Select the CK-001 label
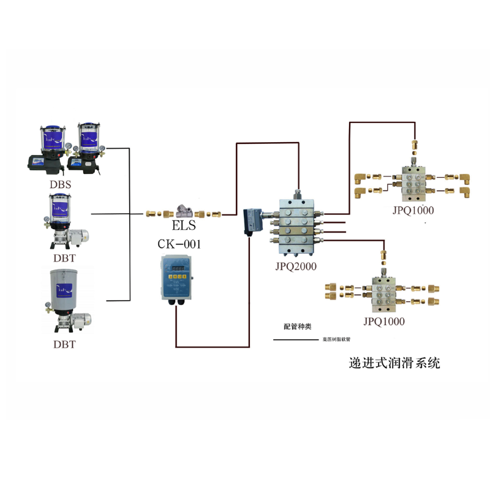(x=179, y=244)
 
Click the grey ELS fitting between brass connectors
(x=183, y=213)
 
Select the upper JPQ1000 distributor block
(x=416, y=181)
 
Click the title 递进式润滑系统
(x=393, y=363)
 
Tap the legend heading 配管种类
(x=297, y=326)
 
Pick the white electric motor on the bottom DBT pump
(x=82, y=319)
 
